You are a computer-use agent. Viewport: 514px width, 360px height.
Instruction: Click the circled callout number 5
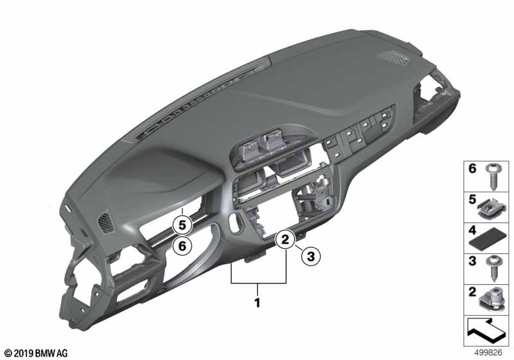pos(182,225)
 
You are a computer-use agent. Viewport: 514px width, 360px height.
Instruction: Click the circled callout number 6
pos(182,245)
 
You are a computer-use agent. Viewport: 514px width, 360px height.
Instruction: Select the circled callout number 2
pos(285,239)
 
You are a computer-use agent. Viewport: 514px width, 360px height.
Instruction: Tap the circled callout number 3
pos(310,256)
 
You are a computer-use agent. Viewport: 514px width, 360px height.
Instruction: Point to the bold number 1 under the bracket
pos(258,302)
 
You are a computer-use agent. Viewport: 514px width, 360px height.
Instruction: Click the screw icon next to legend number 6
pos(493,176)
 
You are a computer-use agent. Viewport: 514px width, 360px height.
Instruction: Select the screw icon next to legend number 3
pos(493,269)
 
